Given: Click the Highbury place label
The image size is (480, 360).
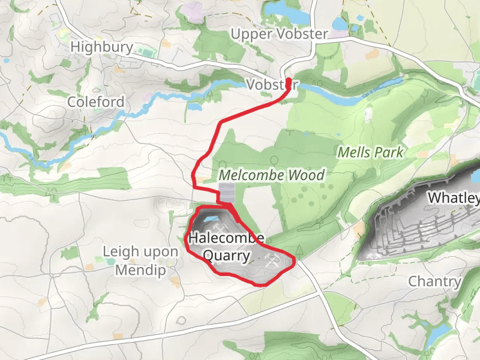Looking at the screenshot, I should coord(93,46).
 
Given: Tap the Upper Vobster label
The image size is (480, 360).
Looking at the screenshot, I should coord(280,34).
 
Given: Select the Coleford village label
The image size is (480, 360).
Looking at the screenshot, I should coord(96,102).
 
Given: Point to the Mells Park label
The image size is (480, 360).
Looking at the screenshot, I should coord(371,152).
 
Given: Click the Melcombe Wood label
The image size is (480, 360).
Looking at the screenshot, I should coord(271,176).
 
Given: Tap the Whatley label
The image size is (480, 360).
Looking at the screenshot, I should coord(454,198).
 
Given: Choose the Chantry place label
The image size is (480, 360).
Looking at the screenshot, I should coord(435,281).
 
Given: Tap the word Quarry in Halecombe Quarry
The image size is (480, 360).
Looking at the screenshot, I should coord(226,256).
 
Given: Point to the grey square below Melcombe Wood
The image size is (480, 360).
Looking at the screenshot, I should coord(227,193).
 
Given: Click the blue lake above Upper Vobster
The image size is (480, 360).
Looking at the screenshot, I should coord(286,12).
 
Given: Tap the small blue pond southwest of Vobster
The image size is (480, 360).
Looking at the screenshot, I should coord(195,107).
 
